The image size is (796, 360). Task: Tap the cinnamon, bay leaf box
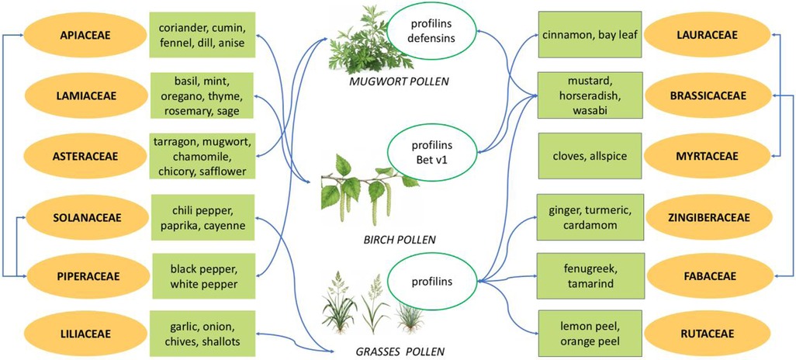tap(591, 35)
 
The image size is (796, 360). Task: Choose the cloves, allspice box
tap(591, 156)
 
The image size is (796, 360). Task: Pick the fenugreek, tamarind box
tap(591, 276)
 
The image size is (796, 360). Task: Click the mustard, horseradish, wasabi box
tap(591, 96)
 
